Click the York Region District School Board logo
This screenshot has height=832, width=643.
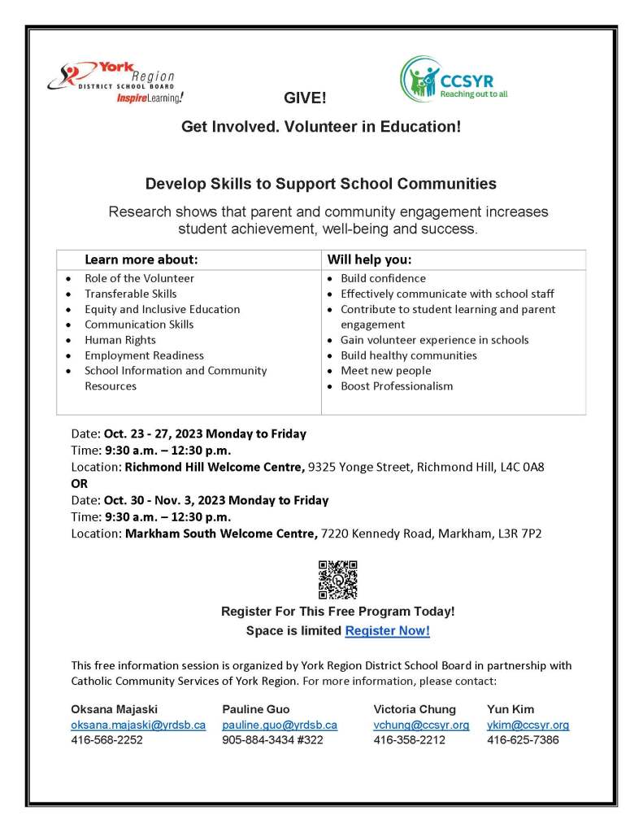pos(115,81)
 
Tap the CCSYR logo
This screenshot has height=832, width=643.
pos(454,80)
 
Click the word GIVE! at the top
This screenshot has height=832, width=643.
pos(305,98)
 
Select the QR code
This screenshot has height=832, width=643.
pos(337,579)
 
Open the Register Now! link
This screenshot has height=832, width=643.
pos(387,630)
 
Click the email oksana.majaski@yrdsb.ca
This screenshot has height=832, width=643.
pos(138,725)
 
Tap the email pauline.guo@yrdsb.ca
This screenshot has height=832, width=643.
pos(280,725)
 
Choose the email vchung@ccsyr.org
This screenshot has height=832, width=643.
pos(421,725)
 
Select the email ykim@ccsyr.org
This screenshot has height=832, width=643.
pos(528,725)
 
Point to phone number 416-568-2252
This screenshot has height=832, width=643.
pos(107,740)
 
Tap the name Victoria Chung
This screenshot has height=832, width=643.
pos(415,709)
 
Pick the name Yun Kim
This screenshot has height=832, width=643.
pos(510,709)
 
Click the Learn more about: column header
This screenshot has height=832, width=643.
pos(141,260)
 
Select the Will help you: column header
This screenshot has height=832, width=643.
pos(369,260)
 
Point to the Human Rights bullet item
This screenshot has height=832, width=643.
pos(120,340)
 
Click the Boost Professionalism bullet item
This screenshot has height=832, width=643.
pos(397,386)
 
